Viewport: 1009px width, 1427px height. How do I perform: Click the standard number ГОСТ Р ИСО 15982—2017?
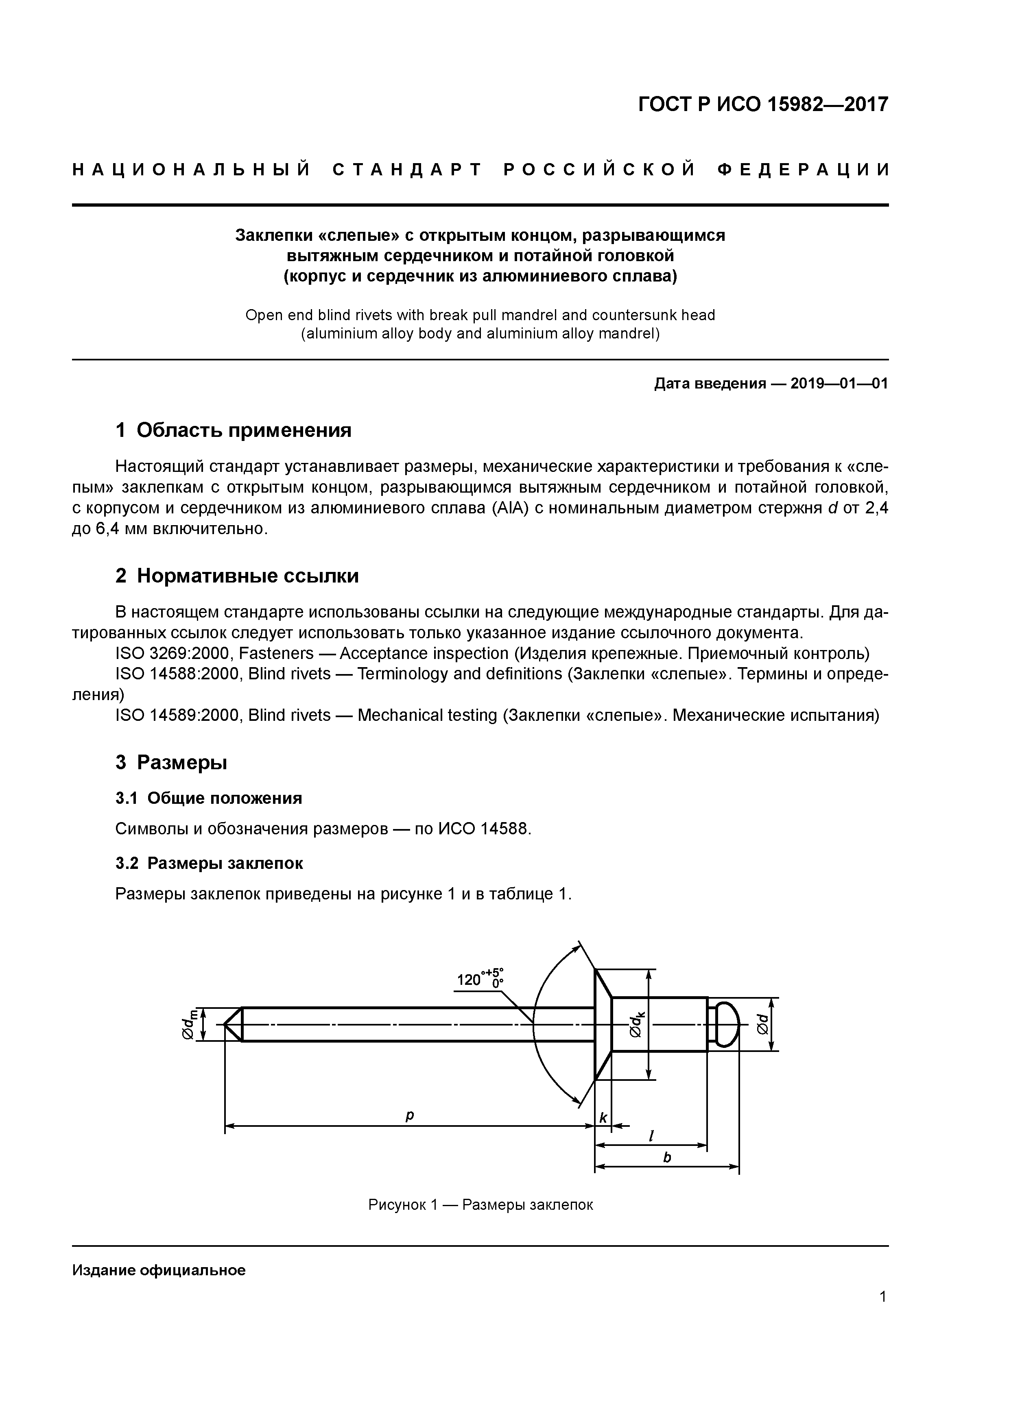[763, 105]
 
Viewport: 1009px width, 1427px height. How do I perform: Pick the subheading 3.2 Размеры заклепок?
[210, 863]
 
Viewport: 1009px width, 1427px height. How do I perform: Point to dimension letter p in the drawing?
[409, 1116]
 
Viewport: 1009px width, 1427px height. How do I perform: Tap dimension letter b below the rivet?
[667, 1157]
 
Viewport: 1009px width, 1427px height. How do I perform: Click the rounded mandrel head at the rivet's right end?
[725, 1023]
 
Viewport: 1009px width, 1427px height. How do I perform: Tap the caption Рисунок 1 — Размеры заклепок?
[480, 1204]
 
